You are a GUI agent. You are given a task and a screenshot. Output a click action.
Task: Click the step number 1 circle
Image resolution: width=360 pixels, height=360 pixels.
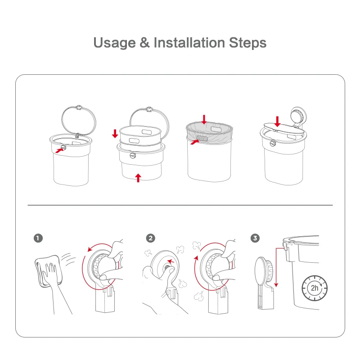coord(38,238)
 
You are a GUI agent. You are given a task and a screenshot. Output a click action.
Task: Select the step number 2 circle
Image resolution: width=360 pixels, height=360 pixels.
coord(151,238)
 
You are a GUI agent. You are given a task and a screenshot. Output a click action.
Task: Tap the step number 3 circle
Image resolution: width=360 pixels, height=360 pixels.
coord(256,238)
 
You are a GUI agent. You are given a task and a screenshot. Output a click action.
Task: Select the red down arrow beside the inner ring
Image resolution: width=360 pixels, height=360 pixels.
coord(115,133)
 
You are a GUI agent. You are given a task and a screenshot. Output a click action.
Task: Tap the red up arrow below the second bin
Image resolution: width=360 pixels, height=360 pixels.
coord(138,177)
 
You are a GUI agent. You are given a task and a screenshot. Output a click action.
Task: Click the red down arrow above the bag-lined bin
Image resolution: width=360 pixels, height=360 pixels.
coord(204,119)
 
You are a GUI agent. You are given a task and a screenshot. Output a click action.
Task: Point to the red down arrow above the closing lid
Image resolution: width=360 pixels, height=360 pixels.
coord(278,121)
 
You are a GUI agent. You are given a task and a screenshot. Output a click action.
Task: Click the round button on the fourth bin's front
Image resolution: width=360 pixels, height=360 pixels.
coord(272,144)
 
